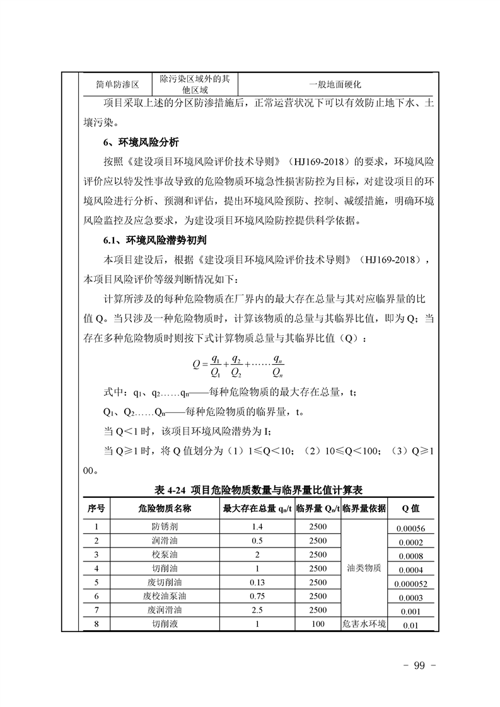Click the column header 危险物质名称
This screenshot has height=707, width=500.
pyautogui.click(x=165, y=508)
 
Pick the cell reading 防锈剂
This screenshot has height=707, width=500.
pyautogui.click(x=165, y=527)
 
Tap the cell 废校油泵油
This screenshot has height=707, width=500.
pyautogui.click(x=165, y=595)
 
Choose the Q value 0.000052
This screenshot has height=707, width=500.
pyautogui.click(x=410, y=583)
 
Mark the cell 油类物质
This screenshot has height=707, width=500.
pyautogui.click(x=364, y=568)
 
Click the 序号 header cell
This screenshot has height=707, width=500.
pyautogui.click(x=96, y=508)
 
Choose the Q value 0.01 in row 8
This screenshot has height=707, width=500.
pyautogui.click(x=410, y=625)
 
